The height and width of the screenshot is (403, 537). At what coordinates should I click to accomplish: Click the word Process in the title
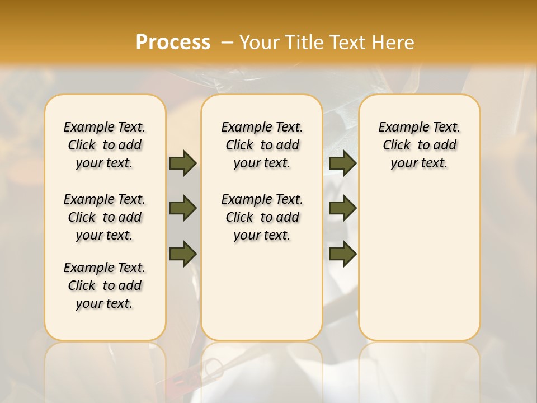(172, 43)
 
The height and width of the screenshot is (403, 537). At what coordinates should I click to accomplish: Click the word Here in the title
(394, 43)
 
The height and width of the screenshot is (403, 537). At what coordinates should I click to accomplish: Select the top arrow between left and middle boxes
(183, 163)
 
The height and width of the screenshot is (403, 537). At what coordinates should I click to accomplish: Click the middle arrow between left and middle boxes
(183, 208)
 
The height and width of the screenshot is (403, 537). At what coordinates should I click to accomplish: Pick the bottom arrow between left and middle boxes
(183, 254)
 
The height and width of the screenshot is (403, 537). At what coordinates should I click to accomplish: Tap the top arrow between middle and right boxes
(342, 163)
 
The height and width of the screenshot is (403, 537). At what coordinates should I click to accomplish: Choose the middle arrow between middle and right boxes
(342, 208)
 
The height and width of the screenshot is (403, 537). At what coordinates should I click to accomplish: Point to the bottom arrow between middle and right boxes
(342, 254)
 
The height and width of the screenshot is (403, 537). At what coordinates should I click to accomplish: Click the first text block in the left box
(105, 145)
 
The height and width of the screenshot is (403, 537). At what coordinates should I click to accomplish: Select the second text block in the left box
(105, 217)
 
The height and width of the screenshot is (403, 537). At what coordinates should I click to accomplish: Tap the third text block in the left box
(105, 285)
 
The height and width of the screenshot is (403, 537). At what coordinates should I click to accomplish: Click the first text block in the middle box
(262, 145)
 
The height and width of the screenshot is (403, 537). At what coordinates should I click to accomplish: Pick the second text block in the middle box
(262, 217)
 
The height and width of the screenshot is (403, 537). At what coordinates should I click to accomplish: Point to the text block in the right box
(420, 145)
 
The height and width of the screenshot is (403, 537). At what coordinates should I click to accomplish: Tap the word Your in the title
(257, 43)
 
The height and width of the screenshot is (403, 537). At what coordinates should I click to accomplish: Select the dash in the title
(226, 43)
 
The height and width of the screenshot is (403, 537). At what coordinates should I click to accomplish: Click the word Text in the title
(346, 43)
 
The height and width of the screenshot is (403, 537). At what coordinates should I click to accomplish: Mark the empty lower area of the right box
(420, 263)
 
